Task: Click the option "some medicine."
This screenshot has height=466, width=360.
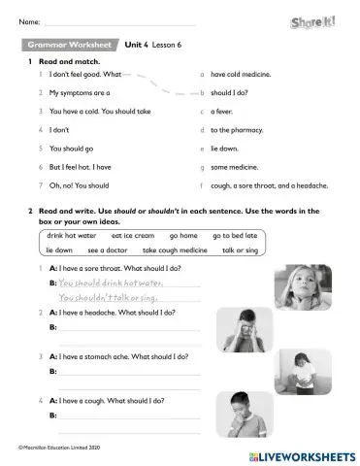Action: tap(234, 167)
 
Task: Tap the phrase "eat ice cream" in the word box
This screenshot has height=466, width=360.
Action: tap(133, 235)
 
